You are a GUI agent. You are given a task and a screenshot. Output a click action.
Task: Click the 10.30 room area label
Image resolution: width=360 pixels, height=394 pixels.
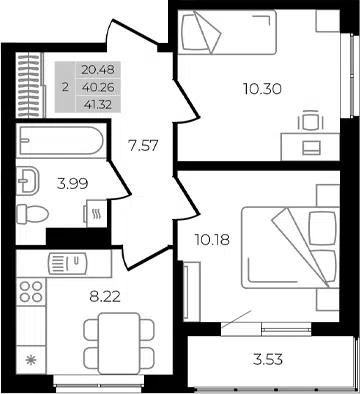[x=262, y=89]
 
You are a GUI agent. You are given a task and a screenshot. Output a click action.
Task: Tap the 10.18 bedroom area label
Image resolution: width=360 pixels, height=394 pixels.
[x=212, y=240]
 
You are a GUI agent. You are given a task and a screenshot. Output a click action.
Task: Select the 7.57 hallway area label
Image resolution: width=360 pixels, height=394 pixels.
[x=143, y=146]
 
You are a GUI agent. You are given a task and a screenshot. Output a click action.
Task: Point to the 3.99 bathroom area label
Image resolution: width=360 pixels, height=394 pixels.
[x=72, y=184]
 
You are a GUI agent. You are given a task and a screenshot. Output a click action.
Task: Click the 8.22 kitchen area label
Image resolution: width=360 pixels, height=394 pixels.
[x=105, y=296]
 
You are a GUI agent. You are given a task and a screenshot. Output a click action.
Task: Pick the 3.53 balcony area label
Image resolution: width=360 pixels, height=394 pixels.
[x=268, y=360]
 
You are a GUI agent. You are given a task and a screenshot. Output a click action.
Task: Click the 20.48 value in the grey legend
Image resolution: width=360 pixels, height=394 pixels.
[x=98, y=70]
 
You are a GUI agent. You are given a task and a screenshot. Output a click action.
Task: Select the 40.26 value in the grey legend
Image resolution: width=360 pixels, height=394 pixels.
[x=98, y=87]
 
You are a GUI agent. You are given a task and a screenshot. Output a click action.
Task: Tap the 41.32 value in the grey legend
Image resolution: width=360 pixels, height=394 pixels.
[x=98, y=105]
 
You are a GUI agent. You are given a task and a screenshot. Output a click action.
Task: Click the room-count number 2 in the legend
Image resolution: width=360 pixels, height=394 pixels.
[x=65, y=87]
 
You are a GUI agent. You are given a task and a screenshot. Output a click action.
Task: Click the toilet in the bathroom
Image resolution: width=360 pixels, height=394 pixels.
[x=32, y=214]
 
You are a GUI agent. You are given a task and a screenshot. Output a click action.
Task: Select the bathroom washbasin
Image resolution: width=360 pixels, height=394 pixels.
[x=28, y=181]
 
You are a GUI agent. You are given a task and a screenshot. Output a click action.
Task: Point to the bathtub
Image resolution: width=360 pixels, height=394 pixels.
[x=61, y=140]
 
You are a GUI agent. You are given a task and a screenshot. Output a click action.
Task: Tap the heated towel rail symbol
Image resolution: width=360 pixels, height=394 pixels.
[x=97, y=213]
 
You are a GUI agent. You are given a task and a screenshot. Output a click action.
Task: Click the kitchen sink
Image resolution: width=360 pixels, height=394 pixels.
[x=67, y=263]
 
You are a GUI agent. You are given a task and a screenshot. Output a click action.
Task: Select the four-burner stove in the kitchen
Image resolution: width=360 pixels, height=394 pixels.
[x=31, y=291]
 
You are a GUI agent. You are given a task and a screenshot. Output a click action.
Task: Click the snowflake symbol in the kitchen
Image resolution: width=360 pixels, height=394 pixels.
[x=31, y=360]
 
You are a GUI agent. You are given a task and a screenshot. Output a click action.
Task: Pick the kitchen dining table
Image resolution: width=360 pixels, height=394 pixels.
[x=119, y=343]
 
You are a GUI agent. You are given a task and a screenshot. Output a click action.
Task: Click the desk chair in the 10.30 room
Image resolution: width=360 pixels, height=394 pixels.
[x=311, y=121]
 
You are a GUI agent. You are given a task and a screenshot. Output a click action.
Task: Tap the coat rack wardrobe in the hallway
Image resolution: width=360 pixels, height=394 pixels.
[x=30, y=85]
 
